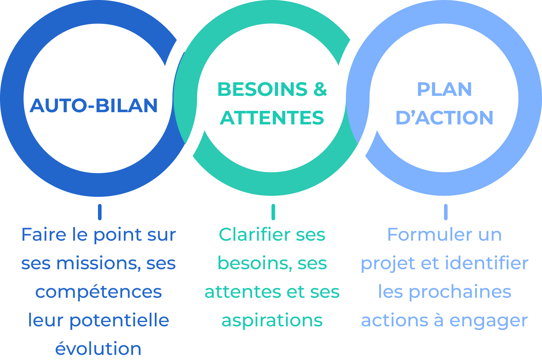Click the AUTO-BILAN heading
[x=94, y=105]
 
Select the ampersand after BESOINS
[x=320, y=89]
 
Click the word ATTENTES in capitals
[x=272, y=118]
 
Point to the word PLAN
[x=444, y=89]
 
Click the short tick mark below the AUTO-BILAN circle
[x=100, y=212]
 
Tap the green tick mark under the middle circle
[x=273, y=212]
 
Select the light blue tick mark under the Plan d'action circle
[x=446, y=212]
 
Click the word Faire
[x=44, y=235]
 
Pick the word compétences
[x=99, y=292]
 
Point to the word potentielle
[x=119, y=321]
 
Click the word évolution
[x=98, y=349]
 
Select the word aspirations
[x=272, y=321]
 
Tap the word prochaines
[x=460, y=292]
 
